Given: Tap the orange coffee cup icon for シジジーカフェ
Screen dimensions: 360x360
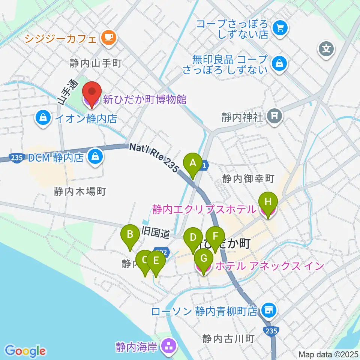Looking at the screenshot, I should [x=109, y=37].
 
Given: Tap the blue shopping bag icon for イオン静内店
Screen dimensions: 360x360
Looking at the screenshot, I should [x=44, y=118].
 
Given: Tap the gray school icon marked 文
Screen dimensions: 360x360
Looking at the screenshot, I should [x=327, y=49].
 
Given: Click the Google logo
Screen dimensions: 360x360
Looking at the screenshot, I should [x=25, y=351].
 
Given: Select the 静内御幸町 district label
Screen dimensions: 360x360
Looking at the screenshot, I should [x=249, y=178].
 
